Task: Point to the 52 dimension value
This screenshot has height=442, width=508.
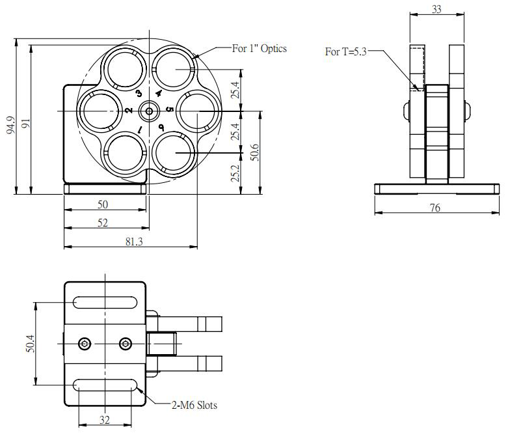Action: click(103, 223)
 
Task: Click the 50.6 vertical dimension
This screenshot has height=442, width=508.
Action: click(255, 152)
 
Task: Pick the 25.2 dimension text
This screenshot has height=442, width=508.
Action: click(235, 174)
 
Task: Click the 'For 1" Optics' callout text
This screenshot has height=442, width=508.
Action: click(260, 48)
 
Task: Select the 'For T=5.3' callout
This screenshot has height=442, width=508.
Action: click(346, 52)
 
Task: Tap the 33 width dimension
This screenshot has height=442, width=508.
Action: click(437, 9)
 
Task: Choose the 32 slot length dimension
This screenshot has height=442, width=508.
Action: click(104, 420)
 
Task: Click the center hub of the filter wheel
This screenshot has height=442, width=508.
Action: click(150, 111)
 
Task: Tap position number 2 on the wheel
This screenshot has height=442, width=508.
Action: click(129, 111)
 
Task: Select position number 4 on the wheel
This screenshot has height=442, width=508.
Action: click(158, 93)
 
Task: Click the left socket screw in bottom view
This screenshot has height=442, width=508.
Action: click(84, 343)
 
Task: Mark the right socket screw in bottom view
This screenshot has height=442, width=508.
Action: click(126, 343)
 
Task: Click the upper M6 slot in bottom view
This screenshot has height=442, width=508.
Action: click(105, 302)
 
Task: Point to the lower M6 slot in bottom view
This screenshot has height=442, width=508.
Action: click(105, 385)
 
